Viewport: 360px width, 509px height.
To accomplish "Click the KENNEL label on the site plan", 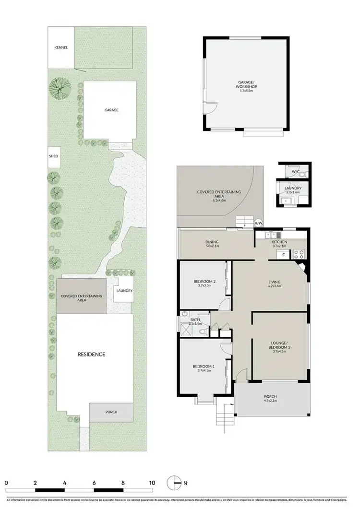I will point(61,47).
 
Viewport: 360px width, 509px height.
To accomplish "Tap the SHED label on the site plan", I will point(53,156).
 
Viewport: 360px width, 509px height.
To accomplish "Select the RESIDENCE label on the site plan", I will point(91,355).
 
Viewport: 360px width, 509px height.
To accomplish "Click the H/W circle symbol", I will point(259,223).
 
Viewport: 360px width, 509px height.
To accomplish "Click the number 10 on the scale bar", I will point(152,483).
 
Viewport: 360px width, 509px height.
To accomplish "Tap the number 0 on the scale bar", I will point(6,483).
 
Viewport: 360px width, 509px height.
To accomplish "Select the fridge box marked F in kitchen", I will point(284,255).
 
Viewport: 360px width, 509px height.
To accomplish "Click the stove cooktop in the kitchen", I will point(299,253).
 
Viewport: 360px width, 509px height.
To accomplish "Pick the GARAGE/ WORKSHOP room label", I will point(247,84).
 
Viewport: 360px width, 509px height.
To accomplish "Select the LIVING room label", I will point(274,282).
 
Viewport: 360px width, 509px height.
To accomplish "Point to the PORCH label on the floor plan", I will point(271,397).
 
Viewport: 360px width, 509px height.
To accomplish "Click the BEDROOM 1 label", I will point(204,367).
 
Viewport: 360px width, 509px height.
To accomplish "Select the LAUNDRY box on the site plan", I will point(124,291).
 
